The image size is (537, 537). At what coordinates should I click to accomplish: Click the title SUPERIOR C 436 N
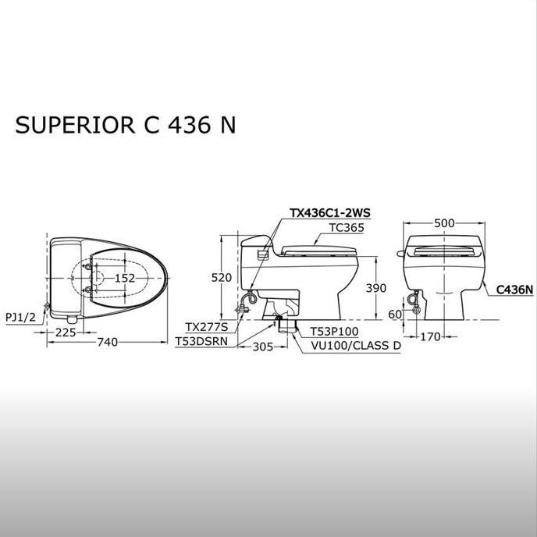coord(125,126)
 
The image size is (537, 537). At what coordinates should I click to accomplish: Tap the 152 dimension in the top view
coord(125,278)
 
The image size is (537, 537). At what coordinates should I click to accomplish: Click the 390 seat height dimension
coord(376,289)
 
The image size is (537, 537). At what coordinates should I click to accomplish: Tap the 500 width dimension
coord(444,222)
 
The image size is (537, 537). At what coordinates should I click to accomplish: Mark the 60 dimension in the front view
coord(394,313)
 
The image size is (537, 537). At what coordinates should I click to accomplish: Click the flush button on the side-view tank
coord(262,251)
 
